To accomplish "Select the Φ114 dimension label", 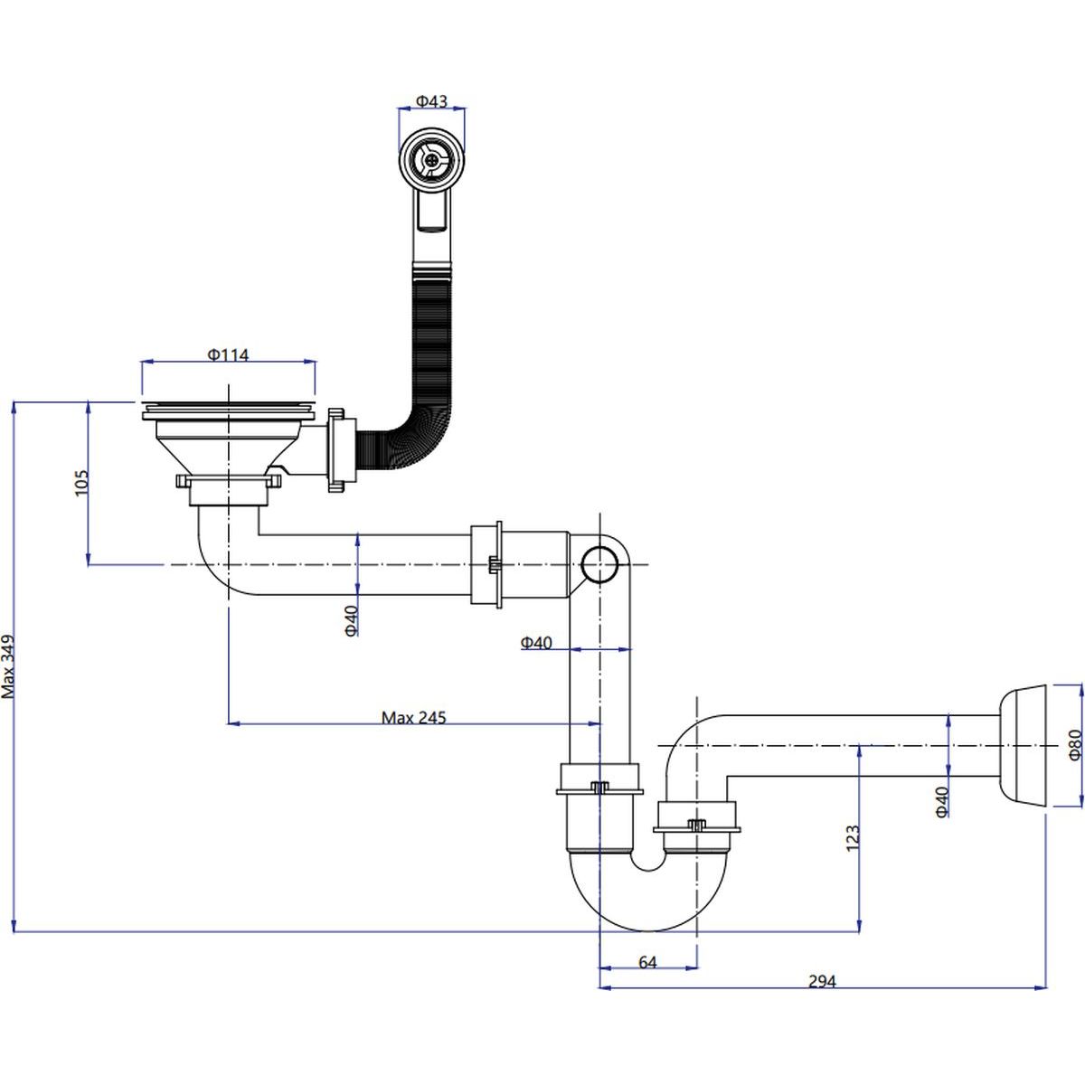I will coord(228,355).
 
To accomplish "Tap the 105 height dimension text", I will coord(80,485).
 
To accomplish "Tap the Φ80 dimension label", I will coord(1074,744).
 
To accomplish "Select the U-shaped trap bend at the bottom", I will coord(646,895).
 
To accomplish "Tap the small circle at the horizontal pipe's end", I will coord(598,564).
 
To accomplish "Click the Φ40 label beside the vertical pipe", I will coord(536,643).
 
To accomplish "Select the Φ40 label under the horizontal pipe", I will coord(352,619).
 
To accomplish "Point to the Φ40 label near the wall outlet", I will coord(941,802).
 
